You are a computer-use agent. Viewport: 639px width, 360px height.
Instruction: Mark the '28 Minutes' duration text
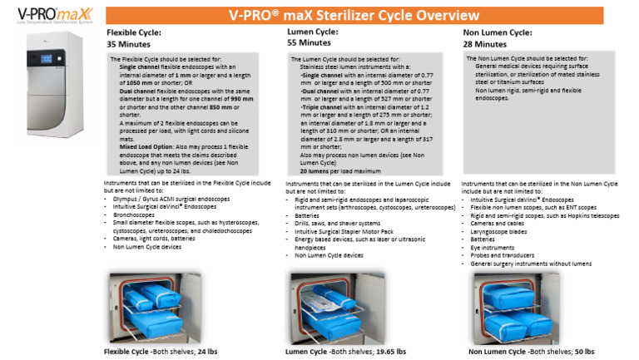484,42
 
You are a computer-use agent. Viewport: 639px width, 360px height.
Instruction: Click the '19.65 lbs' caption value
389,352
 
